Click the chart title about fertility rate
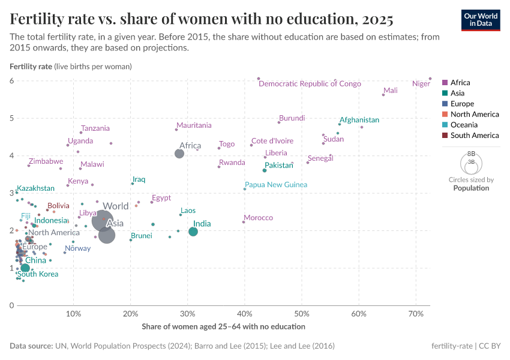(x=202, y=20)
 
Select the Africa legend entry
(x=460, y=83)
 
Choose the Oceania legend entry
(x=464, y=125)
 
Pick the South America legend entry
(x=474, y=136)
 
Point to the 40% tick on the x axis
(x=245, y=314)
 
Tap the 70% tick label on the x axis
(x=416, y=314)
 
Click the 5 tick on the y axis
(x=11, y=118)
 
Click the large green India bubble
(x=193, y=232)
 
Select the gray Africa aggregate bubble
(x=179, y=154)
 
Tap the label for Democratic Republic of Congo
(x=310, y=84)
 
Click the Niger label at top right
(x=421, y=84)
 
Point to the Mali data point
(x=383, y=95)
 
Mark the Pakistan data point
(x=265, y=170)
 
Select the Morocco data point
(x=244, y=222)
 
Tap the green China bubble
(x=25, y=268)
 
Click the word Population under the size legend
(x=471, y=188)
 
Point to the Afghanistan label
(x=359, y=120)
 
